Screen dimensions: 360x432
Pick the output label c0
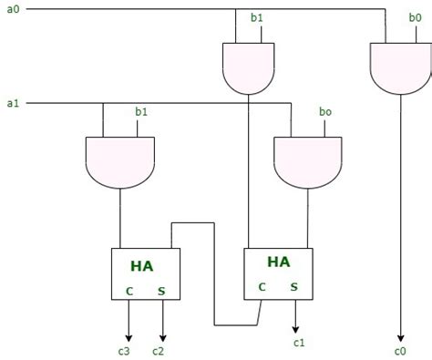tap(400, 350)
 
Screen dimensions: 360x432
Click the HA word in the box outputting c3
tap(141, 265)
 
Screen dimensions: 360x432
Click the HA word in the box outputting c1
tap(278, 262)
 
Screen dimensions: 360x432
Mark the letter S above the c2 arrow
tap(162, 293)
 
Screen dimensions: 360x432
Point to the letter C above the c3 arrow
tap(129, 293)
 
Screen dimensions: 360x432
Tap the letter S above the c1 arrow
tap(294, 286)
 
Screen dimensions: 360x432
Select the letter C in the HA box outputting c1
tap(262, 286)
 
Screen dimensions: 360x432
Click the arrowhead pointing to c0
tap(400, 334)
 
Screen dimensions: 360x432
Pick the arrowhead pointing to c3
tap(129, 334)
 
